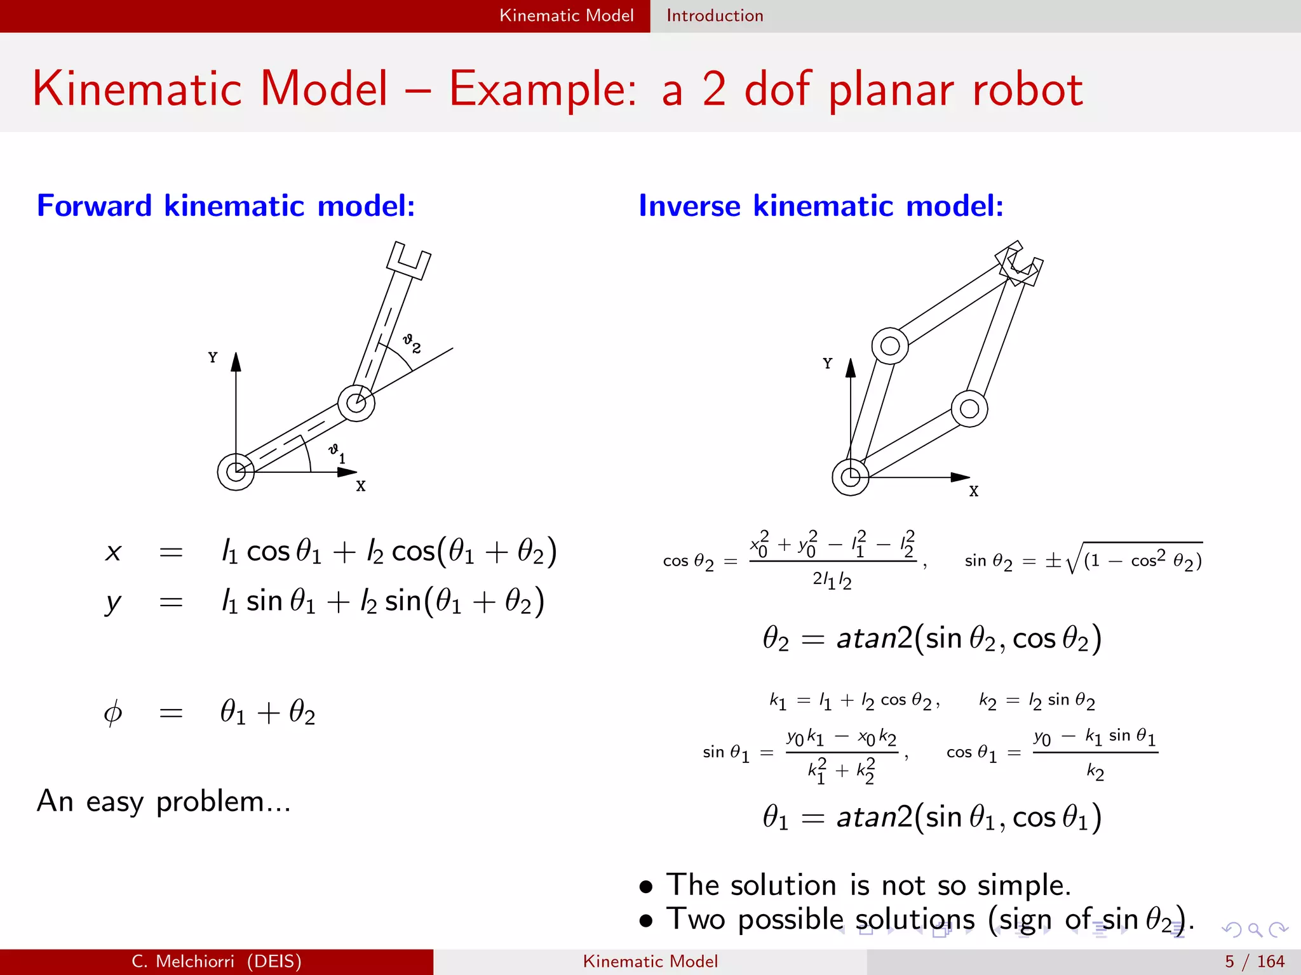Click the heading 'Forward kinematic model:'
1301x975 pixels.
[226, 206]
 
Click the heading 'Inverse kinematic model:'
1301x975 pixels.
[821, 206]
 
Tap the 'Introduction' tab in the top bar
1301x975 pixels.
[715, 16]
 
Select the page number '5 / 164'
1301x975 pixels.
[1255, 962]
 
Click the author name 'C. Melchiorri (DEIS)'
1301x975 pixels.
[217, 962]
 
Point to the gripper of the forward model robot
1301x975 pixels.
[408, 260]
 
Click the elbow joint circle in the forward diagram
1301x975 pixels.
[356, 402]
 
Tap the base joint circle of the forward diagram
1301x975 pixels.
[236, 472]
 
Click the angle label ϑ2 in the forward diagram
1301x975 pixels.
[412, 343]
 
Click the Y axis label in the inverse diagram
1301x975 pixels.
[827, 364]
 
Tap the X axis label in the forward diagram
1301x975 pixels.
[361, 486]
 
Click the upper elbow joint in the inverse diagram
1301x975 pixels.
[890, 346]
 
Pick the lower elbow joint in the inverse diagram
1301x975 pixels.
[969, 409]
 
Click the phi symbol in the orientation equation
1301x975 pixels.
[112, 713]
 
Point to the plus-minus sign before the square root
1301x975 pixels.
[1053, 560]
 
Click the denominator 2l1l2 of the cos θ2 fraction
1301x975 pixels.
[832, 580]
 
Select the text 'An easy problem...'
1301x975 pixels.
[163, 802]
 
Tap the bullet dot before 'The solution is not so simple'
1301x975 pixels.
[646, 887]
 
